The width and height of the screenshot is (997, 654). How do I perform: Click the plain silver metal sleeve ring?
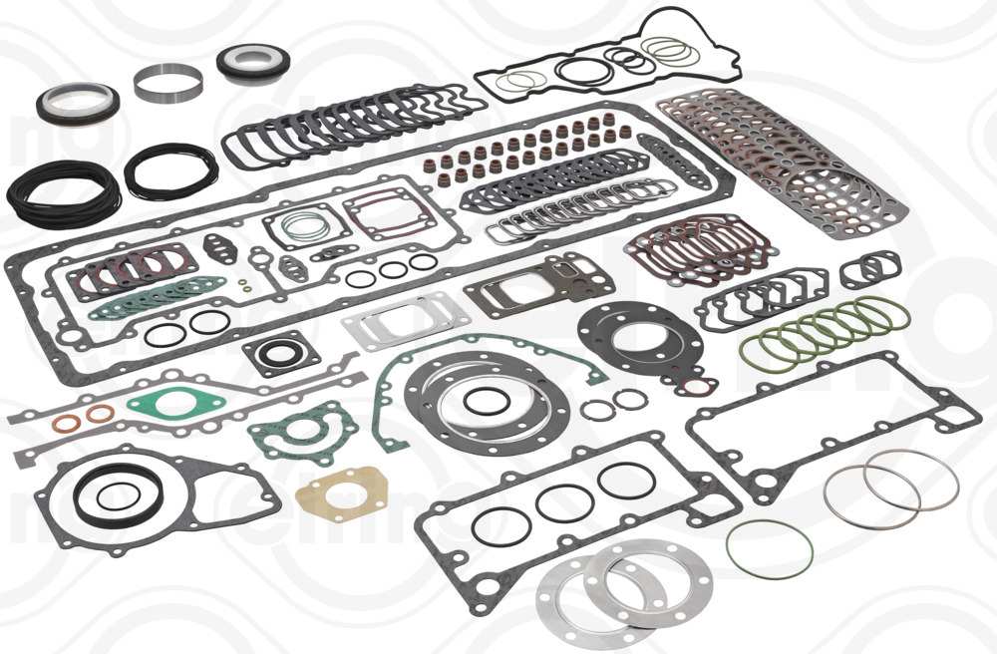click(167, 83)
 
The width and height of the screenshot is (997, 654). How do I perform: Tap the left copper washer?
click(67, 425)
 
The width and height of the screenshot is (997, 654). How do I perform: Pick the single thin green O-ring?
click(769, 547)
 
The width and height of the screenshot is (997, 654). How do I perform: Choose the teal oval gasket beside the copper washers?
click(175, 404)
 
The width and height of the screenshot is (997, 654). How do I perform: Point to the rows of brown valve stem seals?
click(528, 150)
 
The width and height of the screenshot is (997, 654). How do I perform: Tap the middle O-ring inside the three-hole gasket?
click(564, 501)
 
